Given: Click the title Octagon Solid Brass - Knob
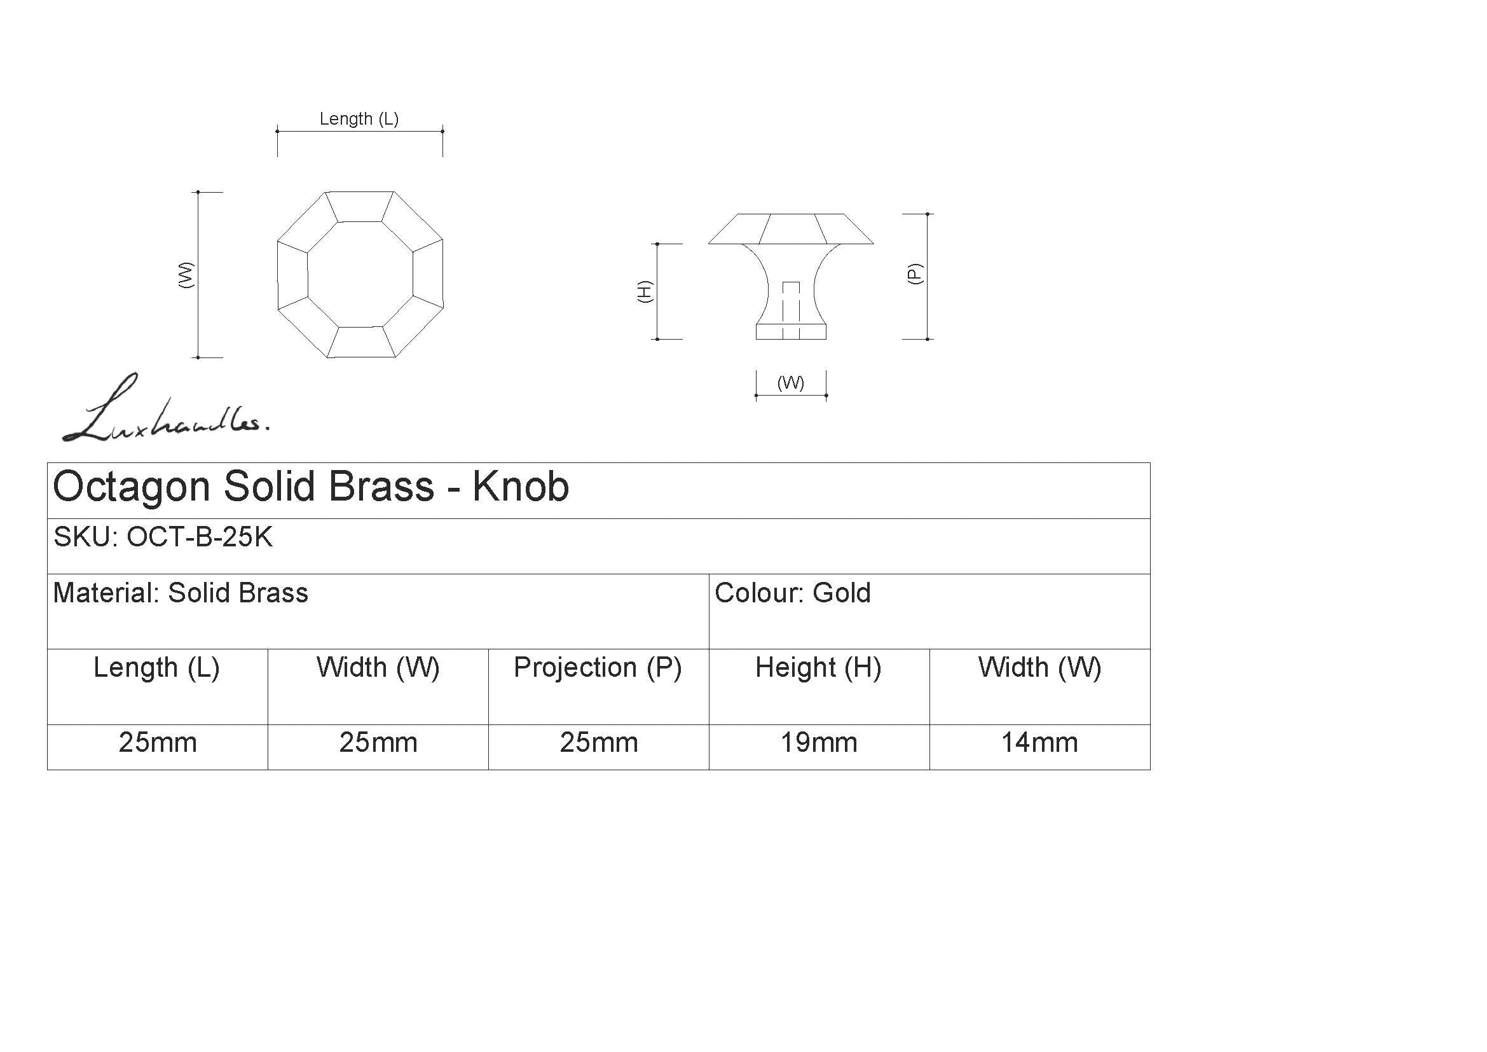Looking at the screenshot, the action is [x=311, y=487].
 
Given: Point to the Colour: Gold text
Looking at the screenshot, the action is [x=793, y=593].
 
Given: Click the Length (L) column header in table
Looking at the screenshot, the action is [x=157, y=668].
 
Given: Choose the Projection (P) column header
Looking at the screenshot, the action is [x=598, y=668].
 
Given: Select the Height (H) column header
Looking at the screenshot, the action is [x=819, y=668].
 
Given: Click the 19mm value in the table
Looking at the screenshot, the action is [x=819, y=742].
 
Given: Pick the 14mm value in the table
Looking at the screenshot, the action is [x=1039, y=742].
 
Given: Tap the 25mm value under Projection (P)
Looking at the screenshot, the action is [x=598, y=742].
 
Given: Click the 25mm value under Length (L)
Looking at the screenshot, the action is [x=158, y=742].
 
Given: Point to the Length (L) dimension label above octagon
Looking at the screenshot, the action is [x=359, y=119].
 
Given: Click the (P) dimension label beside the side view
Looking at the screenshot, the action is [x=914, y=273].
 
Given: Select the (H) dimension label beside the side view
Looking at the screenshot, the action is [x=645, y=291].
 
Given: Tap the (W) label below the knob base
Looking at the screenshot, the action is [x=791, y=383].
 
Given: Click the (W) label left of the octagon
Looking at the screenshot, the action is [x=186, y=275].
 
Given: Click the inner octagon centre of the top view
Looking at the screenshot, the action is [x=360, y=275].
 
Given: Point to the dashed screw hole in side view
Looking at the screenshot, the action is [x=791, y=310].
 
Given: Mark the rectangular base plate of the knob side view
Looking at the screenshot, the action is [x=791, y=331].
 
